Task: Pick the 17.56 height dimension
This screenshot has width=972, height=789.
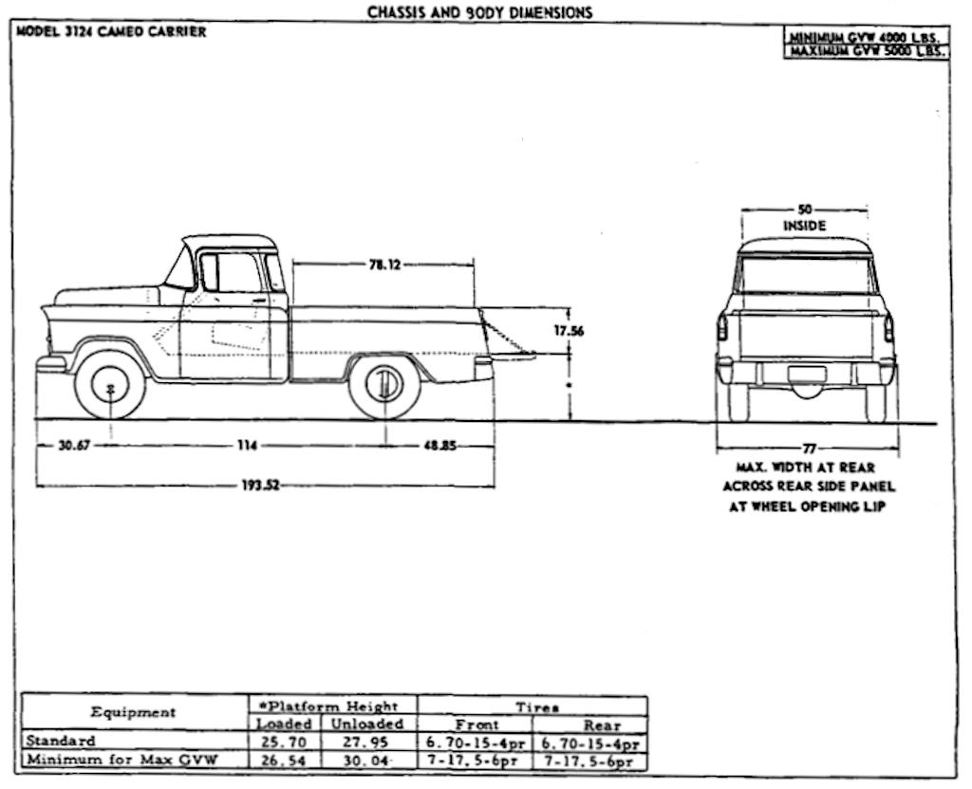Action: [x=569, y=331]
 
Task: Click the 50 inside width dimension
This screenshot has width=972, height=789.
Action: [x=805, y=209]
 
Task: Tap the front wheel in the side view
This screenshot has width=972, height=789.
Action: [x=110, y=385]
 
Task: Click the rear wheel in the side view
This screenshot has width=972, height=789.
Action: [x=384, y=385]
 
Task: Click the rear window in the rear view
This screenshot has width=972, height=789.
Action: [x=805, y=275]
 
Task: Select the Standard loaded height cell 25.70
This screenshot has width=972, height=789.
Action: [x=284, y=742]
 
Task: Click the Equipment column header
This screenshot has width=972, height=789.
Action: [x=133, y=712]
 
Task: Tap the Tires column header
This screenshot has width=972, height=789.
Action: [x=536, y=706]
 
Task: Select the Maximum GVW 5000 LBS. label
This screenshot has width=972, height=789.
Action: [x=866, y=51]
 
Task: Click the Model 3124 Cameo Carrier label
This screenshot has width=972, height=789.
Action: [x=111, y=31]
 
